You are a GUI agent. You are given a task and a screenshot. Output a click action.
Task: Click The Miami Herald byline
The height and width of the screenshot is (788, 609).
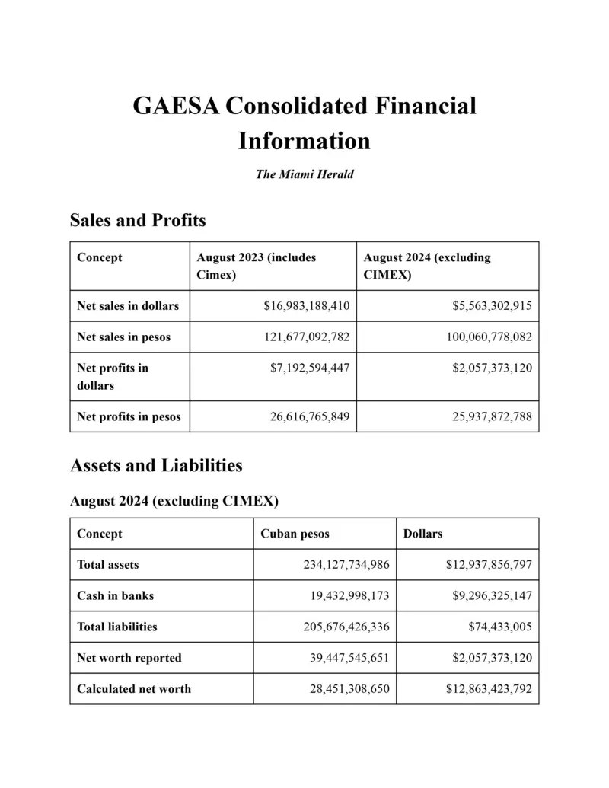304,174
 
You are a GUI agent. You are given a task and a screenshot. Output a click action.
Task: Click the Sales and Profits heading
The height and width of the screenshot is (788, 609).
138,221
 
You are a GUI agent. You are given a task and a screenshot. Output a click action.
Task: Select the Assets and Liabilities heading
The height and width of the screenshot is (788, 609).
156,465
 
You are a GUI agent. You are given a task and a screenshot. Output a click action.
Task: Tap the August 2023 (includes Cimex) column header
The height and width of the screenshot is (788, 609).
256,266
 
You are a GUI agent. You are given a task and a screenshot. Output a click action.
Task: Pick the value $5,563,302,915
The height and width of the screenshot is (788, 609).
484,306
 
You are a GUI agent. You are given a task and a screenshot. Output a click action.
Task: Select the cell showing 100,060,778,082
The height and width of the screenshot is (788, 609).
480,337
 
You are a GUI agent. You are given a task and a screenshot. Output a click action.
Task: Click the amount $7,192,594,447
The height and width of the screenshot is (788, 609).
310,368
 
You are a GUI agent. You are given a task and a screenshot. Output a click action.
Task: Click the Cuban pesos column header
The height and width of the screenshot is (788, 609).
295,534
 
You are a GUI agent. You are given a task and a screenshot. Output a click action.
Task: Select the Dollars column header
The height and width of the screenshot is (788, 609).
423,534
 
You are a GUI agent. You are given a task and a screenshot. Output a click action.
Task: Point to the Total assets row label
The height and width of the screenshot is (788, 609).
108,565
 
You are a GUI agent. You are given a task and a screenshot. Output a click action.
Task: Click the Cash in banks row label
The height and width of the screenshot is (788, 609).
115,595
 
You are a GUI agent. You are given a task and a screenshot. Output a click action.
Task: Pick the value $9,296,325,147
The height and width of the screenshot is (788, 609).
489,595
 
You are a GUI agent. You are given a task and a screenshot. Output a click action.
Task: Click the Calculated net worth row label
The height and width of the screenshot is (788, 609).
134,689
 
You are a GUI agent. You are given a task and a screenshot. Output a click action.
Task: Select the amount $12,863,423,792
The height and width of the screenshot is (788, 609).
489,689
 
